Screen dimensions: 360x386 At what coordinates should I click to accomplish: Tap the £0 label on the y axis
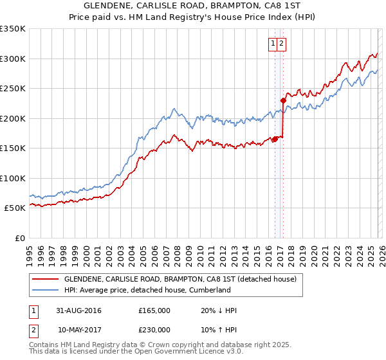[19, 239]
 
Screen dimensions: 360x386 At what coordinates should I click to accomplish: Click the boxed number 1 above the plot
[273, 44]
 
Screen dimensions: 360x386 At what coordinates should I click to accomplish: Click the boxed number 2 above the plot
[282, 44]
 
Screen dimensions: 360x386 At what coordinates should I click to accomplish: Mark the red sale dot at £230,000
[282, 100]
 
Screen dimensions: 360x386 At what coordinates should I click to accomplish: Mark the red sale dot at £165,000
[275, 139]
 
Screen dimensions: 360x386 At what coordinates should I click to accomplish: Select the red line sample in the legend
[45, 279]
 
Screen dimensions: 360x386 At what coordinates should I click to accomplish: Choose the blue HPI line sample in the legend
[45, 290]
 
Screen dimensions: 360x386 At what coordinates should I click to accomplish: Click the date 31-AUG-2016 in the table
[79, 310]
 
